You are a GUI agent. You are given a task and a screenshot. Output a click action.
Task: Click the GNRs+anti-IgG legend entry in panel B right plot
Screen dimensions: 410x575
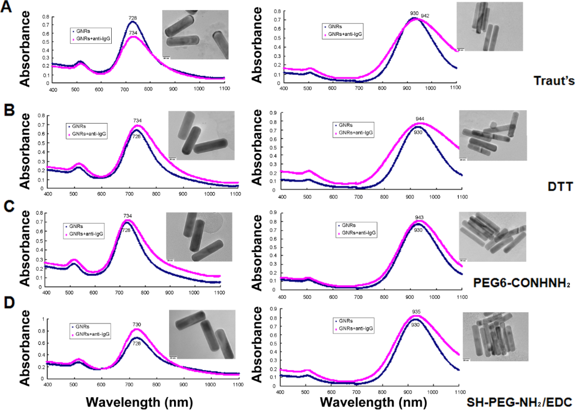[x=354, y=133]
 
